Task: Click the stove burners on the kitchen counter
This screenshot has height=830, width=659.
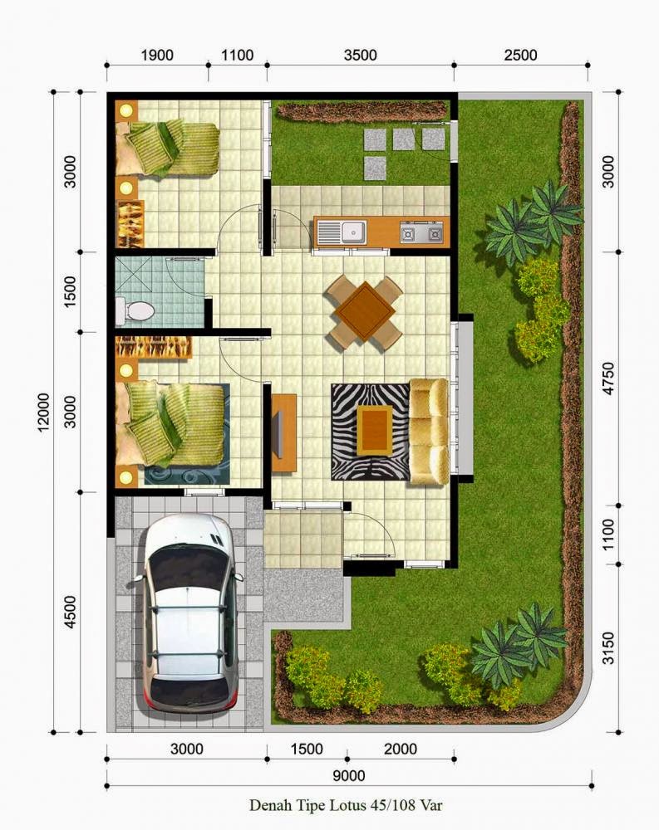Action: click(421, 232)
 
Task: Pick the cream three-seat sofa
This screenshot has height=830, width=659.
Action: click(429, 432)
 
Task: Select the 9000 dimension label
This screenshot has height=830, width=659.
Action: click(349, 776)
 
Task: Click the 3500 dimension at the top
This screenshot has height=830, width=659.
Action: click(360, 55)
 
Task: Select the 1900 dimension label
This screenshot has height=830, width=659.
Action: click(157, 55)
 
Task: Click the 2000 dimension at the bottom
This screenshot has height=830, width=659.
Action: click(401, 749)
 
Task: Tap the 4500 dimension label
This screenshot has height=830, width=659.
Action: click(70, 613)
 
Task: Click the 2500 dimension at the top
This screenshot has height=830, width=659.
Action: click(520, 55)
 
